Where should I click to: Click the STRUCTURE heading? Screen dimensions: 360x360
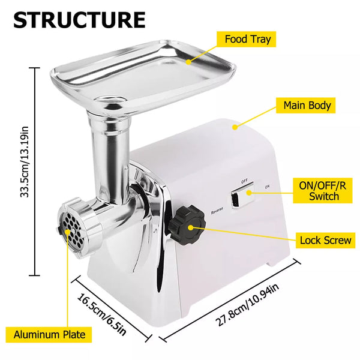(x=79, y=20)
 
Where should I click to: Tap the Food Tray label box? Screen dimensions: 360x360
(x=246, y=39)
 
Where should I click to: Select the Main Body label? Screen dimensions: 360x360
(x=305, y=106)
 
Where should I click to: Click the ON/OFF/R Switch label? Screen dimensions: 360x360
(x=323, y=190)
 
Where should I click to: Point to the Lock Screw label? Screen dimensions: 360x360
(x=325, y=240)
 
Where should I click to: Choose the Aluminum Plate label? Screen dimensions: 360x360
(x=49, y=335)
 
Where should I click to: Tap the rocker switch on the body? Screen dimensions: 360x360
(x=242, y=194)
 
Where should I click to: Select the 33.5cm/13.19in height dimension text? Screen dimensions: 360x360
(x=25, y=161)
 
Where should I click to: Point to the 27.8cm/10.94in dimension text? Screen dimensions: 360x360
(x=248, y=304)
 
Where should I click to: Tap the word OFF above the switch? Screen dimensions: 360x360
(x=244, y=181)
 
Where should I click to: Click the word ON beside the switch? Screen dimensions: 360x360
(x=267, y=187)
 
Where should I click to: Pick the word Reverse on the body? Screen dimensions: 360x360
(x=217, y=211)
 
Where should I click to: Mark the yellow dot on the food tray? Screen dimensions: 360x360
(x=188, y=62)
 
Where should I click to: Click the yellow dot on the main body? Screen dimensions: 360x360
(x=235, y=127)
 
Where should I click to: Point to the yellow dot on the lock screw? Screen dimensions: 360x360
(x=191, y=227)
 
